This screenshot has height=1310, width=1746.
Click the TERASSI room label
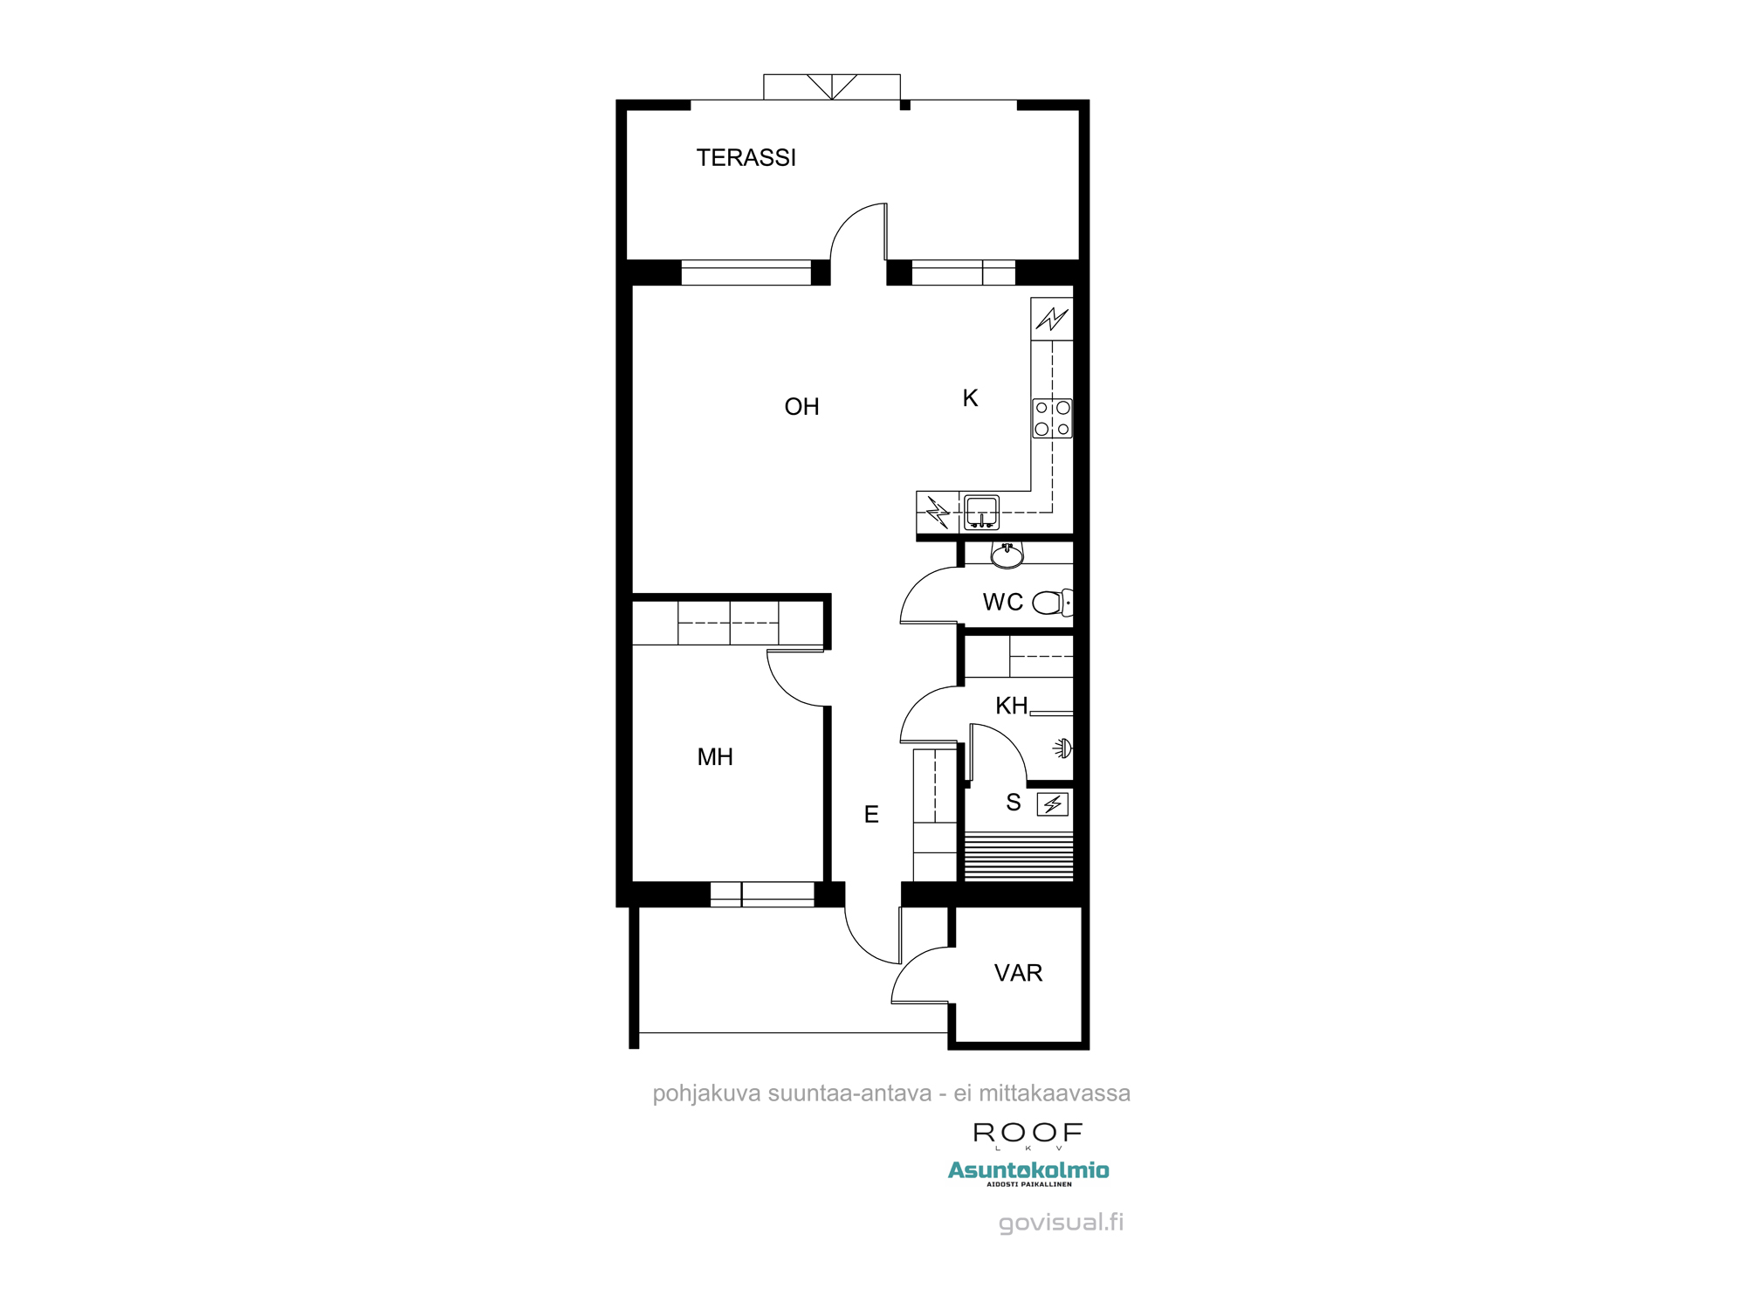[746, 158]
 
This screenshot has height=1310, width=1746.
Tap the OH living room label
[801, 407]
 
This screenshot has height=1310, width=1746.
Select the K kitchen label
[970, 398]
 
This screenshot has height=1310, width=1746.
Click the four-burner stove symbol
[1052, 418]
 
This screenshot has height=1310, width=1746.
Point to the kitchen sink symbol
[982, 512]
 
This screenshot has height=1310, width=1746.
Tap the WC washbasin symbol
[1007, 555]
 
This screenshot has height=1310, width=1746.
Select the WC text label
[1002, 603]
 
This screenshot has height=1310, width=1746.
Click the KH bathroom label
[1011, 706]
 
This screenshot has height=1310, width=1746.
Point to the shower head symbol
[1062, 748]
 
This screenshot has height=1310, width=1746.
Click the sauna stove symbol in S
[1052, 804]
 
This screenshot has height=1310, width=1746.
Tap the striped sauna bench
[1018, 857]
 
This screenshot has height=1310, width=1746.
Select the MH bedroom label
[715, 757]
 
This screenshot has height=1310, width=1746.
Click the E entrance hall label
[871, 815]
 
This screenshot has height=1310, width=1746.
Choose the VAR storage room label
[1018, 973]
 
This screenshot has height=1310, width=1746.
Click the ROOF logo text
[1028, 1133]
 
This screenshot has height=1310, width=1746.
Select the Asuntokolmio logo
[1028, 1172]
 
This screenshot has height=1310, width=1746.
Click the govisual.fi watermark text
[1061, 1222]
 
